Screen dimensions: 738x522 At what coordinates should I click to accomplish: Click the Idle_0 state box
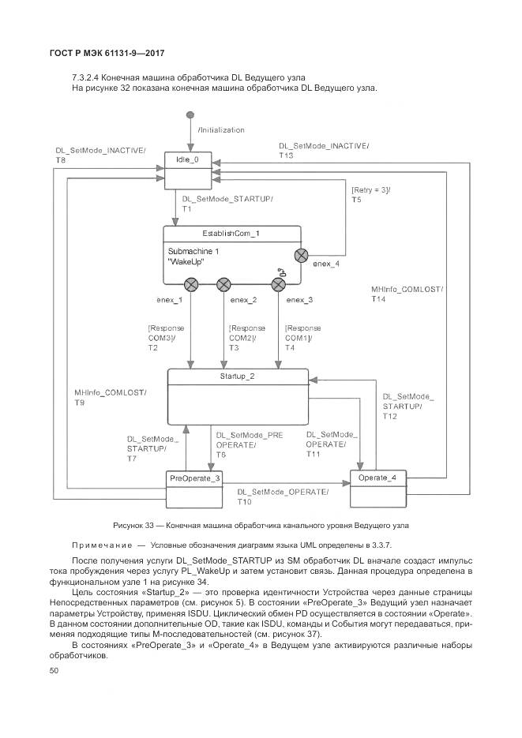pyautogui.click(x=190, y=170)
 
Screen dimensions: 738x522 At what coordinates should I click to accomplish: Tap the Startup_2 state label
pyautogui.click(x=237, y=376)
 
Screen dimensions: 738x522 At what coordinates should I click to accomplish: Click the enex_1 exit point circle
pyautogui.click(x=190, y=284)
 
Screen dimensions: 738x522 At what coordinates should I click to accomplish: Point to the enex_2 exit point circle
pyautogui.click(x=223, y=284)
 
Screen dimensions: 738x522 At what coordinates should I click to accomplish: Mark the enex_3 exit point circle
pyautogui.click(x=278, y=284)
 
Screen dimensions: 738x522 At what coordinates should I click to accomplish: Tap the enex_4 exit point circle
pyautogui.click(x=300, y=254)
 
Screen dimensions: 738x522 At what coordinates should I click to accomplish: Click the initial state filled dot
pyautogui.click(x=190, y=115)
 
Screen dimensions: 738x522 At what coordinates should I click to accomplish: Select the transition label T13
pyautogui.click(x=286, y=155)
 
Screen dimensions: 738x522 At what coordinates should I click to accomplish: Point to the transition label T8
pyautogui.click(x=61, y=160)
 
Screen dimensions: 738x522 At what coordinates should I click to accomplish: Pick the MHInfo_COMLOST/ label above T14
pyautogui.click(x=407, y=290)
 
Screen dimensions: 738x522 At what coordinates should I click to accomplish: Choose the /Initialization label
pyautogui.click(x=221, y=129)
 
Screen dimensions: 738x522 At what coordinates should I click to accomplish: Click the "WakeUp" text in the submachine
pyautogui.click(x=186, y=261)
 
